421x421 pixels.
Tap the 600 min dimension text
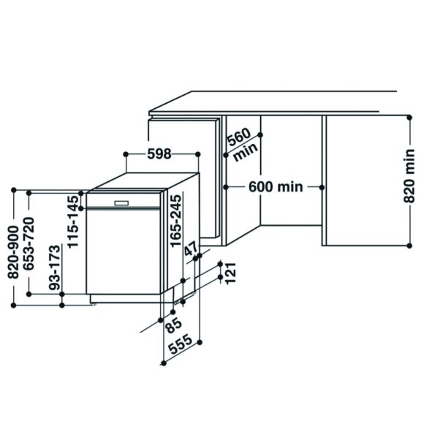tap(275, 187)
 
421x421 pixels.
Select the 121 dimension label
tap(231, 273)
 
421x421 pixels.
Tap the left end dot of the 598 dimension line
tap(126, 153)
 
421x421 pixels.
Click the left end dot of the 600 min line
tap(227, 187)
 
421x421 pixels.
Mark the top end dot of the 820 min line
tap(407, 114)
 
